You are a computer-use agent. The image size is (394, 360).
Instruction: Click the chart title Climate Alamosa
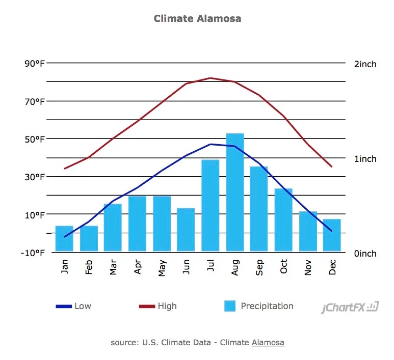pos(197,18)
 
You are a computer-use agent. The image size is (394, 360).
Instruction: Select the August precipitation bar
pos(235,192)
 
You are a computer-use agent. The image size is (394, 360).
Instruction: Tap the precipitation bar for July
pos(211,205)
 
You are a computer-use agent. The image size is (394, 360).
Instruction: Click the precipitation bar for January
pos(64,238)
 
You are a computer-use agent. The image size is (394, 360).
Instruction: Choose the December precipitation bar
pos(332,235)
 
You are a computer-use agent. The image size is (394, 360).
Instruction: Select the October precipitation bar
pos(283,219)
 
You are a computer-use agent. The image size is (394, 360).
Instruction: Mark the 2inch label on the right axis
pos(365,64)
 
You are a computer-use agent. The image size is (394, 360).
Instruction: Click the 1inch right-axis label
pos(365,159)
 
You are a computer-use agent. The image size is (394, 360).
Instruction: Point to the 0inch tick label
pos(365,254)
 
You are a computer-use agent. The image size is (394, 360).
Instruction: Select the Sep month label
pos(259,268)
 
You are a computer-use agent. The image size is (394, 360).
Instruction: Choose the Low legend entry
pos(74,306)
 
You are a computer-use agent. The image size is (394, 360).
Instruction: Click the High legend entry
pos(159,306)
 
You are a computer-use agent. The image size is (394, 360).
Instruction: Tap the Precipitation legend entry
pos(259,306)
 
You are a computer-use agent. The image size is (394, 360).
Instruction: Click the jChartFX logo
pos(350,308)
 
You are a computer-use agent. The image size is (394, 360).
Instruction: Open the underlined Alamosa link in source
pos(268,343)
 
